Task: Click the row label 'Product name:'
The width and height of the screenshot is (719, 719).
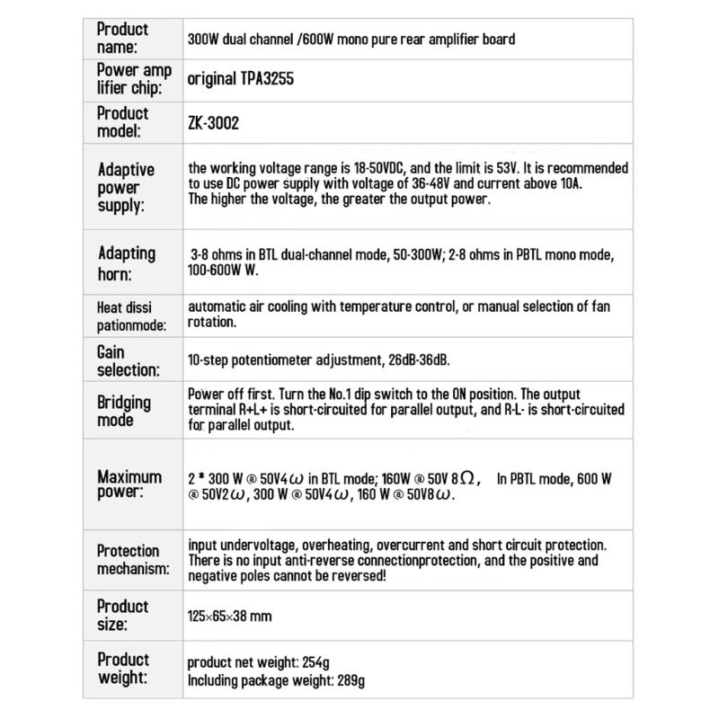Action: click(x=122, y=38)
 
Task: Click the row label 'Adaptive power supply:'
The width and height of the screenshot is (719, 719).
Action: click(x=125, y=187)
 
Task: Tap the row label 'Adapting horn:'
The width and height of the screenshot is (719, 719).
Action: click(x=125, y=262)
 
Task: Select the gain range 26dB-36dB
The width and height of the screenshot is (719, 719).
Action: click(x=417, y=360)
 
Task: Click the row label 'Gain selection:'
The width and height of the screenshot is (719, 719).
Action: click(x=127, y=360)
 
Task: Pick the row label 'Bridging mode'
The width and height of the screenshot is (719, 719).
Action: click(x=123, y=411)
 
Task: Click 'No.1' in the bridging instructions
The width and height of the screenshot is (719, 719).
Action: click(x=344, y=395)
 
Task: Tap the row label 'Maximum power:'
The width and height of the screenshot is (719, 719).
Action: click(x=129, y=484)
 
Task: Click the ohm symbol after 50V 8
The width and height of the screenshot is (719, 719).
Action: click(x=474, y=478)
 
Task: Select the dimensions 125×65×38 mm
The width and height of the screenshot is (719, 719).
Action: click(x=229, y=617)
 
